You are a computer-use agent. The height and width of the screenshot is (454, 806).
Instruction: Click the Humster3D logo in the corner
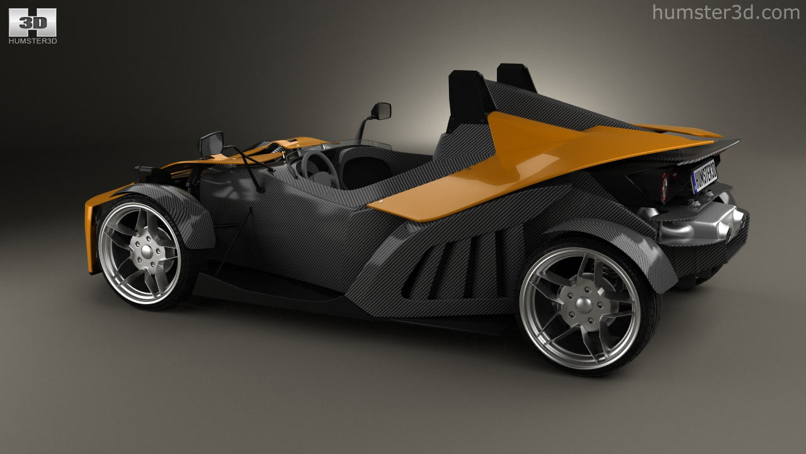click(x=33, y=26)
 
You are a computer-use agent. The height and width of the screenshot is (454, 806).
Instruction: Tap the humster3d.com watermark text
click(x=726, y=13)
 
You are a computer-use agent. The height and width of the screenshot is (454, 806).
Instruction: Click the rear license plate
click(x=704, y=177)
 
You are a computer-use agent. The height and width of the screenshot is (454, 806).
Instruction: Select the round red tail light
click(x=664, y=187)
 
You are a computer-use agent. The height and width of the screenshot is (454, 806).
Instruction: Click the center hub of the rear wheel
click(x=583, y=305)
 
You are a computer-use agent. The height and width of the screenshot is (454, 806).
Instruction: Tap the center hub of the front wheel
click(x=147, y=251)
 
